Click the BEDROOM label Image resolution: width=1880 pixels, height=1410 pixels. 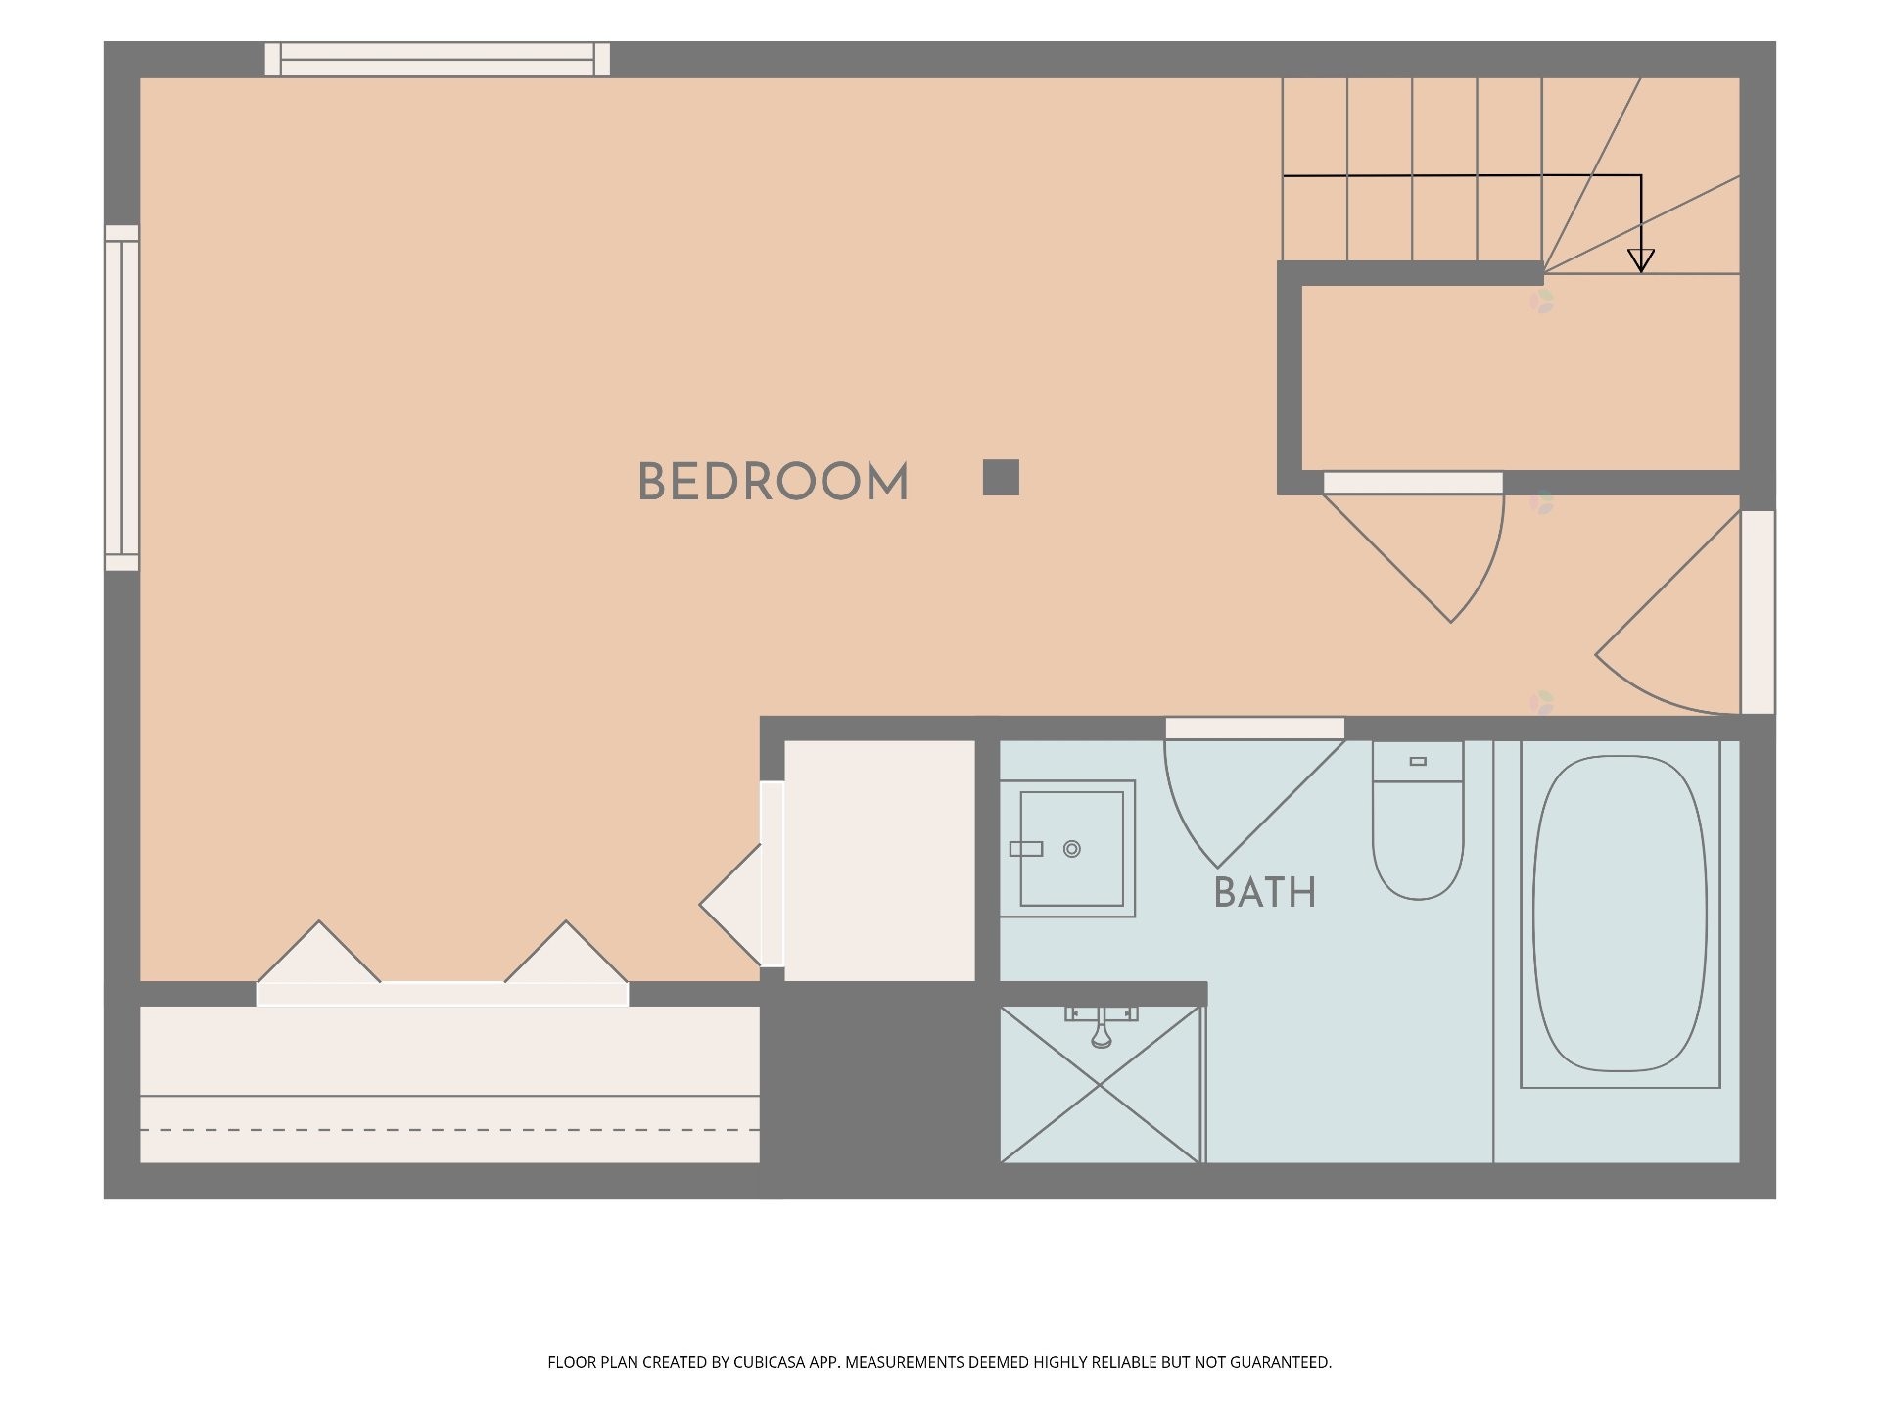tap(773, 482)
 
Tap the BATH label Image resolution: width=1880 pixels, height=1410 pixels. tap(1264, 893)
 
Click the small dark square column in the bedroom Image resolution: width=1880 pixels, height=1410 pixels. tap(1001, 478)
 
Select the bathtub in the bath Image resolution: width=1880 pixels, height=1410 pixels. tap(1620, 913)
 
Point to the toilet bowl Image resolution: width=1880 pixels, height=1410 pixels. tap(1418, 842)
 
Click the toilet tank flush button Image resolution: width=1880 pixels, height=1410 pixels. tap(1418, 761)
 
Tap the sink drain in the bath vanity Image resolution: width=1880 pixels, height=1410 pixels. tap(1072, 849)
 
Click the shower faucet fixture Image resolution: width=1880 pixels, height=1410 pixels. tap(1102, 1023)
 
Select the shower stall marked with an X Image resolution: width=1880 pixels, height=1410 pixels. tap(1101, 1085)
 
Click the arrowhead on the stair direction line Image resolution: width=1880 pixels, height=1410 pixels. tap(1641, 260)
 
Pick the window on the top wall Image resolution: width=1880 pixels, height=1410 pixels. tap(438, 59)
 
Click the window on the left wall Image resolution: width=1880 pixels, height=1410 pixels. tap(122, 398)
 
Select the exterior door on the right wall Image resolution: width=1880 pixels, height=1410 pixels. tap(1758, 612)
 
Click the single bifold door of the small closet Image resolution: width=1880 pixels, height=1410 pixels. tap(731, 906)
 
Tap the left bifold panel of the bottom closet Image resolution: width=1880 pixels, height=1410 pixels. tap(319, 951)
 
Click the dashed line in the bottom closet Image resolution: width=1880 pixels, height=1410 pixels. tap(450, 1130)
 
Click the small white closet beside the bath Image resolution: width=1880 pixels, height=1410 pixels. tap(879, 861)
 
